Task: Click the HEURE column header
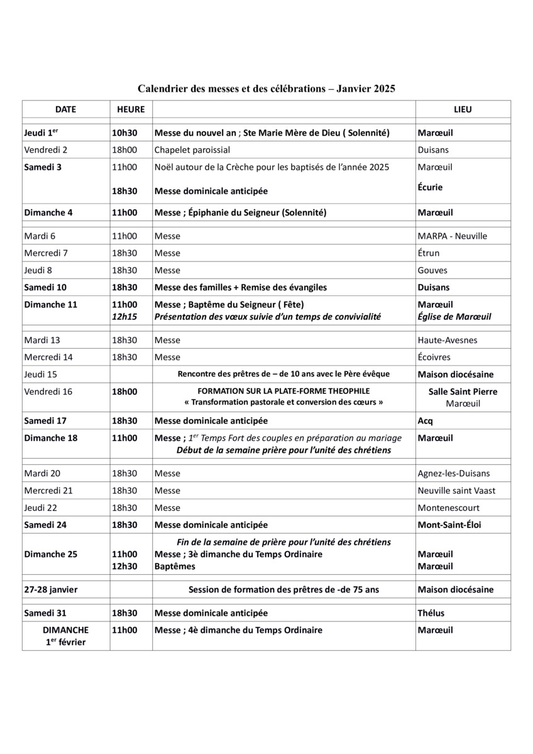[131, 109]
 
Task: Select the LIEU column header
[463, 109]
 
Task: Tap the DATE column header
[65, 109]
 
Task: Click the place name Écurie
[430, 187]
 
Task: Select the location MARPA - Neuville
[452, 236]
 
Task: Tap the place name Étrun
[429, 253]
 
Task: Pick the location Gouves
[432, 270]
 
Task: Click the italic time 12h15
[124, 317]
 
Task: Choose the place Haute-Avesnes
[447, 340]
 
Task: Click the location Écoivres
[433, 357]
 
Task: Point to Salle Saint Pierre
[463, 391]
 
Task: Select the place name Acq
[426, 420]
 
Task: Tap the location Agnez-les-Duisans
[453, 473]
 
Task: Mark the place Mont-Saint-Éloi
[449, 525]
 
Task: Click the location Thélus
[431, 613]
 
